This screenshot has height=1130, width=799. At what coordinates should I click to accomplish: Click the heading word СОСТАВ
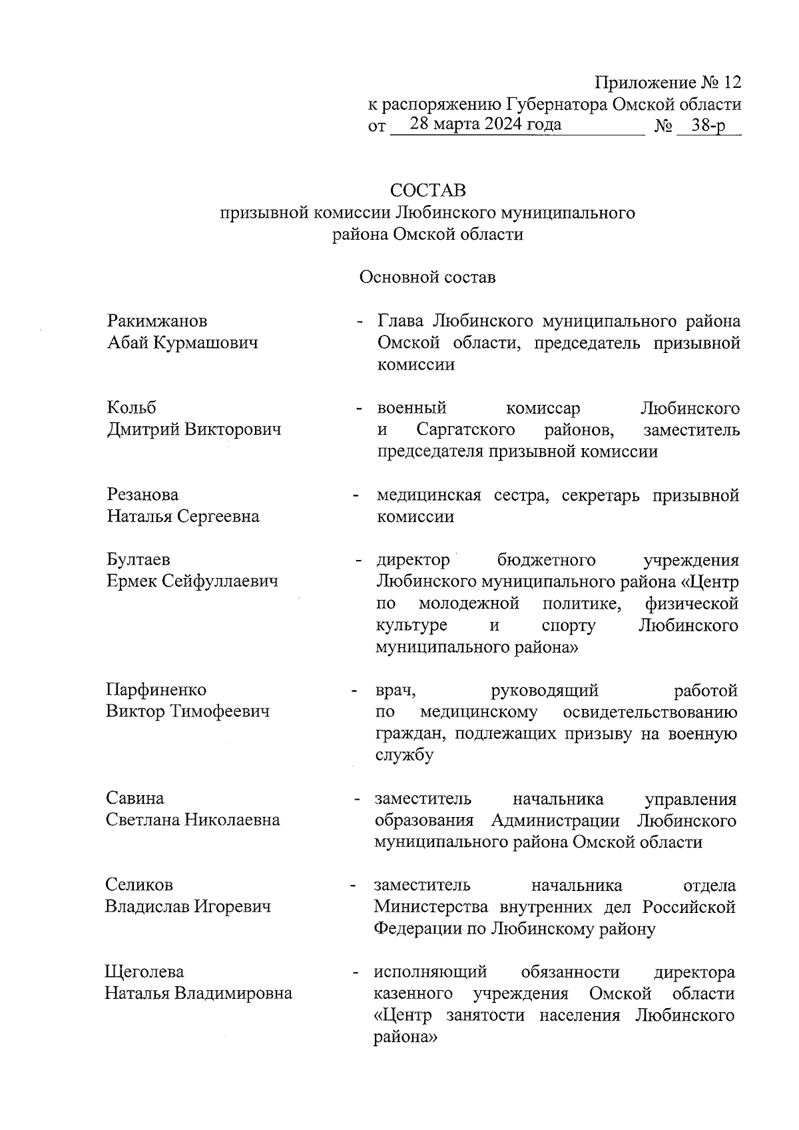428,190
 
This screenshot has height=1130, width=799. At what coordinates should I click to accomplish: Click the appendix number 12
731,83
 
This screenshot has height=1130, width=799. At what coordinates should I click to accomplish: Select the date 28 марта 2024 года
485,125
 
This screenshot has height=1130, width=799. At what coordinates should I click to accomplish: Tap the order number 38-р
708,126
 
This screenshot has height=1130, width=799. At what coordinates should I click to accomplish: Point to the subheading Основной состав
427,277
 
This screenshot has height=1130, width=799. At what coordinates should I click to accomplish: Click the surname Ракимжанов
157,321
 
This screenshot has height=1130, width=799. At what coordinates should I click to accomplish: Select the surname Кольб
132,408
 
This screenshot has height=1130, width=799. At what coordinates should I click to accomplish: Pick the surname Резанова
142,495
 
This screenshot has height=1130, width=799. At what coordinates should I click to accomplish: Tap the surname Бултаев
138,560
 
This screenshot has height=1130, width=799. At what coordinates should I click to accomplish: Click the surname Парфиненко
156,690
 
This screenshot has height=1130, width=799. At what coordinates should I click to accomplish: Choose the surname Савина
134,798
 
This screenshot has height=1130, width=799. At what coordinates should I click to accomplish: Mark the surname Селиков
139,885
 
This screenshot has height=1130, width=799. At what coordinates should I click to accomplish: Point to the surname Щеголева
144,972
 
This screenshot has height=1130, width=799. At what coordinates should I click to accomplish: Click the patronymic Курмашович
215,343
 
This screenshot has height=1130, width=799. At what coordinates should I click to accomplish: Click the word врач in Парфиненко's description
396,691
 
